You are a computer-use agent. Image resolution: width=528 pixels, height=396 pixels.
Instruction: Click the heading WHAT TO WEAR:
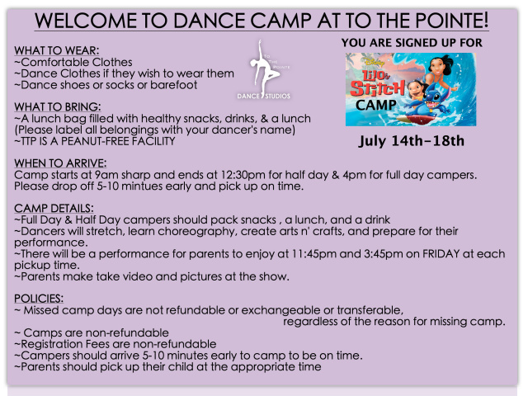57,50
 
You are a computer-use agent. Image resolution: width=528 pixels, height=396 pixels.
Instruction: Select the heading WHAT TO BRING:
57,106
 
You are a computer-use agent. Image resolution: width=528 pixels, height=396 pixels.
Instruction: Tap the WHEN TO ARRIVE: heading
60,163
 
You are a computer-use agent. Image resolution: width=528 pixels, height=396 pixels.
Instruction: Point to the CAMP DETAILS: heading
54,209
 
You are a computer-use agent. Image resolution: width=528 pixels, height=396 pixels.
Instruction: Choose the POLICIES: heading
39,299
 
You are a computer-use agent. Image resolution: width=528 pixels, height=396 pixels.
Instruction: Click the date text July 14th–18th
411,141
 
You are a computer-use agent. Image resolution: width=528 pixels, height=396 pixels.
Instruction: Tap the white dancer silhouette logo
264,69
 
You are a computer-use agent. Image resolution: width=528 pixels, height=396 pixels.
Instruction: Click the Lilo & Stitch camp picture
411,89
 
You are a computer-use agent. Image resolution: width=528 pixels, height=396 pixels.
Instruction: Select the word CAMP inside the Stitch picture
376,105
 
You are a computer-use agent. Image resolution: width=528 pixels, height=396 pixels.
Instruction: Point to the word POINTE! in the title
451,21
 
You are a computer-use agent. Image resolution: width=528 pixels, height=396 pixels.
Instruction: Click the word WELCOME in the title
86,21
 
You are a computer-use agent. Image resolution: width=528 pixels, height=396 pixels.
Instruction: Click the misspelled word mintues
139,186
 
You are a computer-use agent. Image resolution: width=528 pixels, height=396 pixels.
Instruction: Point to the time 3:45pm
383,254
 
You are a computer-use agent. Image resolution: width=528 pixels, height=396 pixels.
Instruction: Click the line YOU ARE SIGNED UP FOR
412,43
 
